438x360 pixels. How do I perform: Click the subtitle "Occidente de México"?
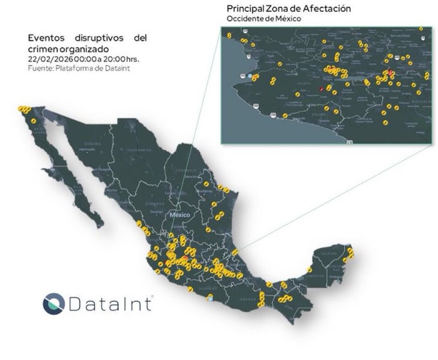click(264, 19)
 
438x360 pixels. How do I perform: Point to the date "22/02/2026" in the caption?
click(45, 59)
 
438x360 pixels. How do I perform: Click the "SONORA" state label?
click(93, 144)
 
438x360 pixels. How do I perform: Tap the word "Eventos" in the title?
click(46, 38)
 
